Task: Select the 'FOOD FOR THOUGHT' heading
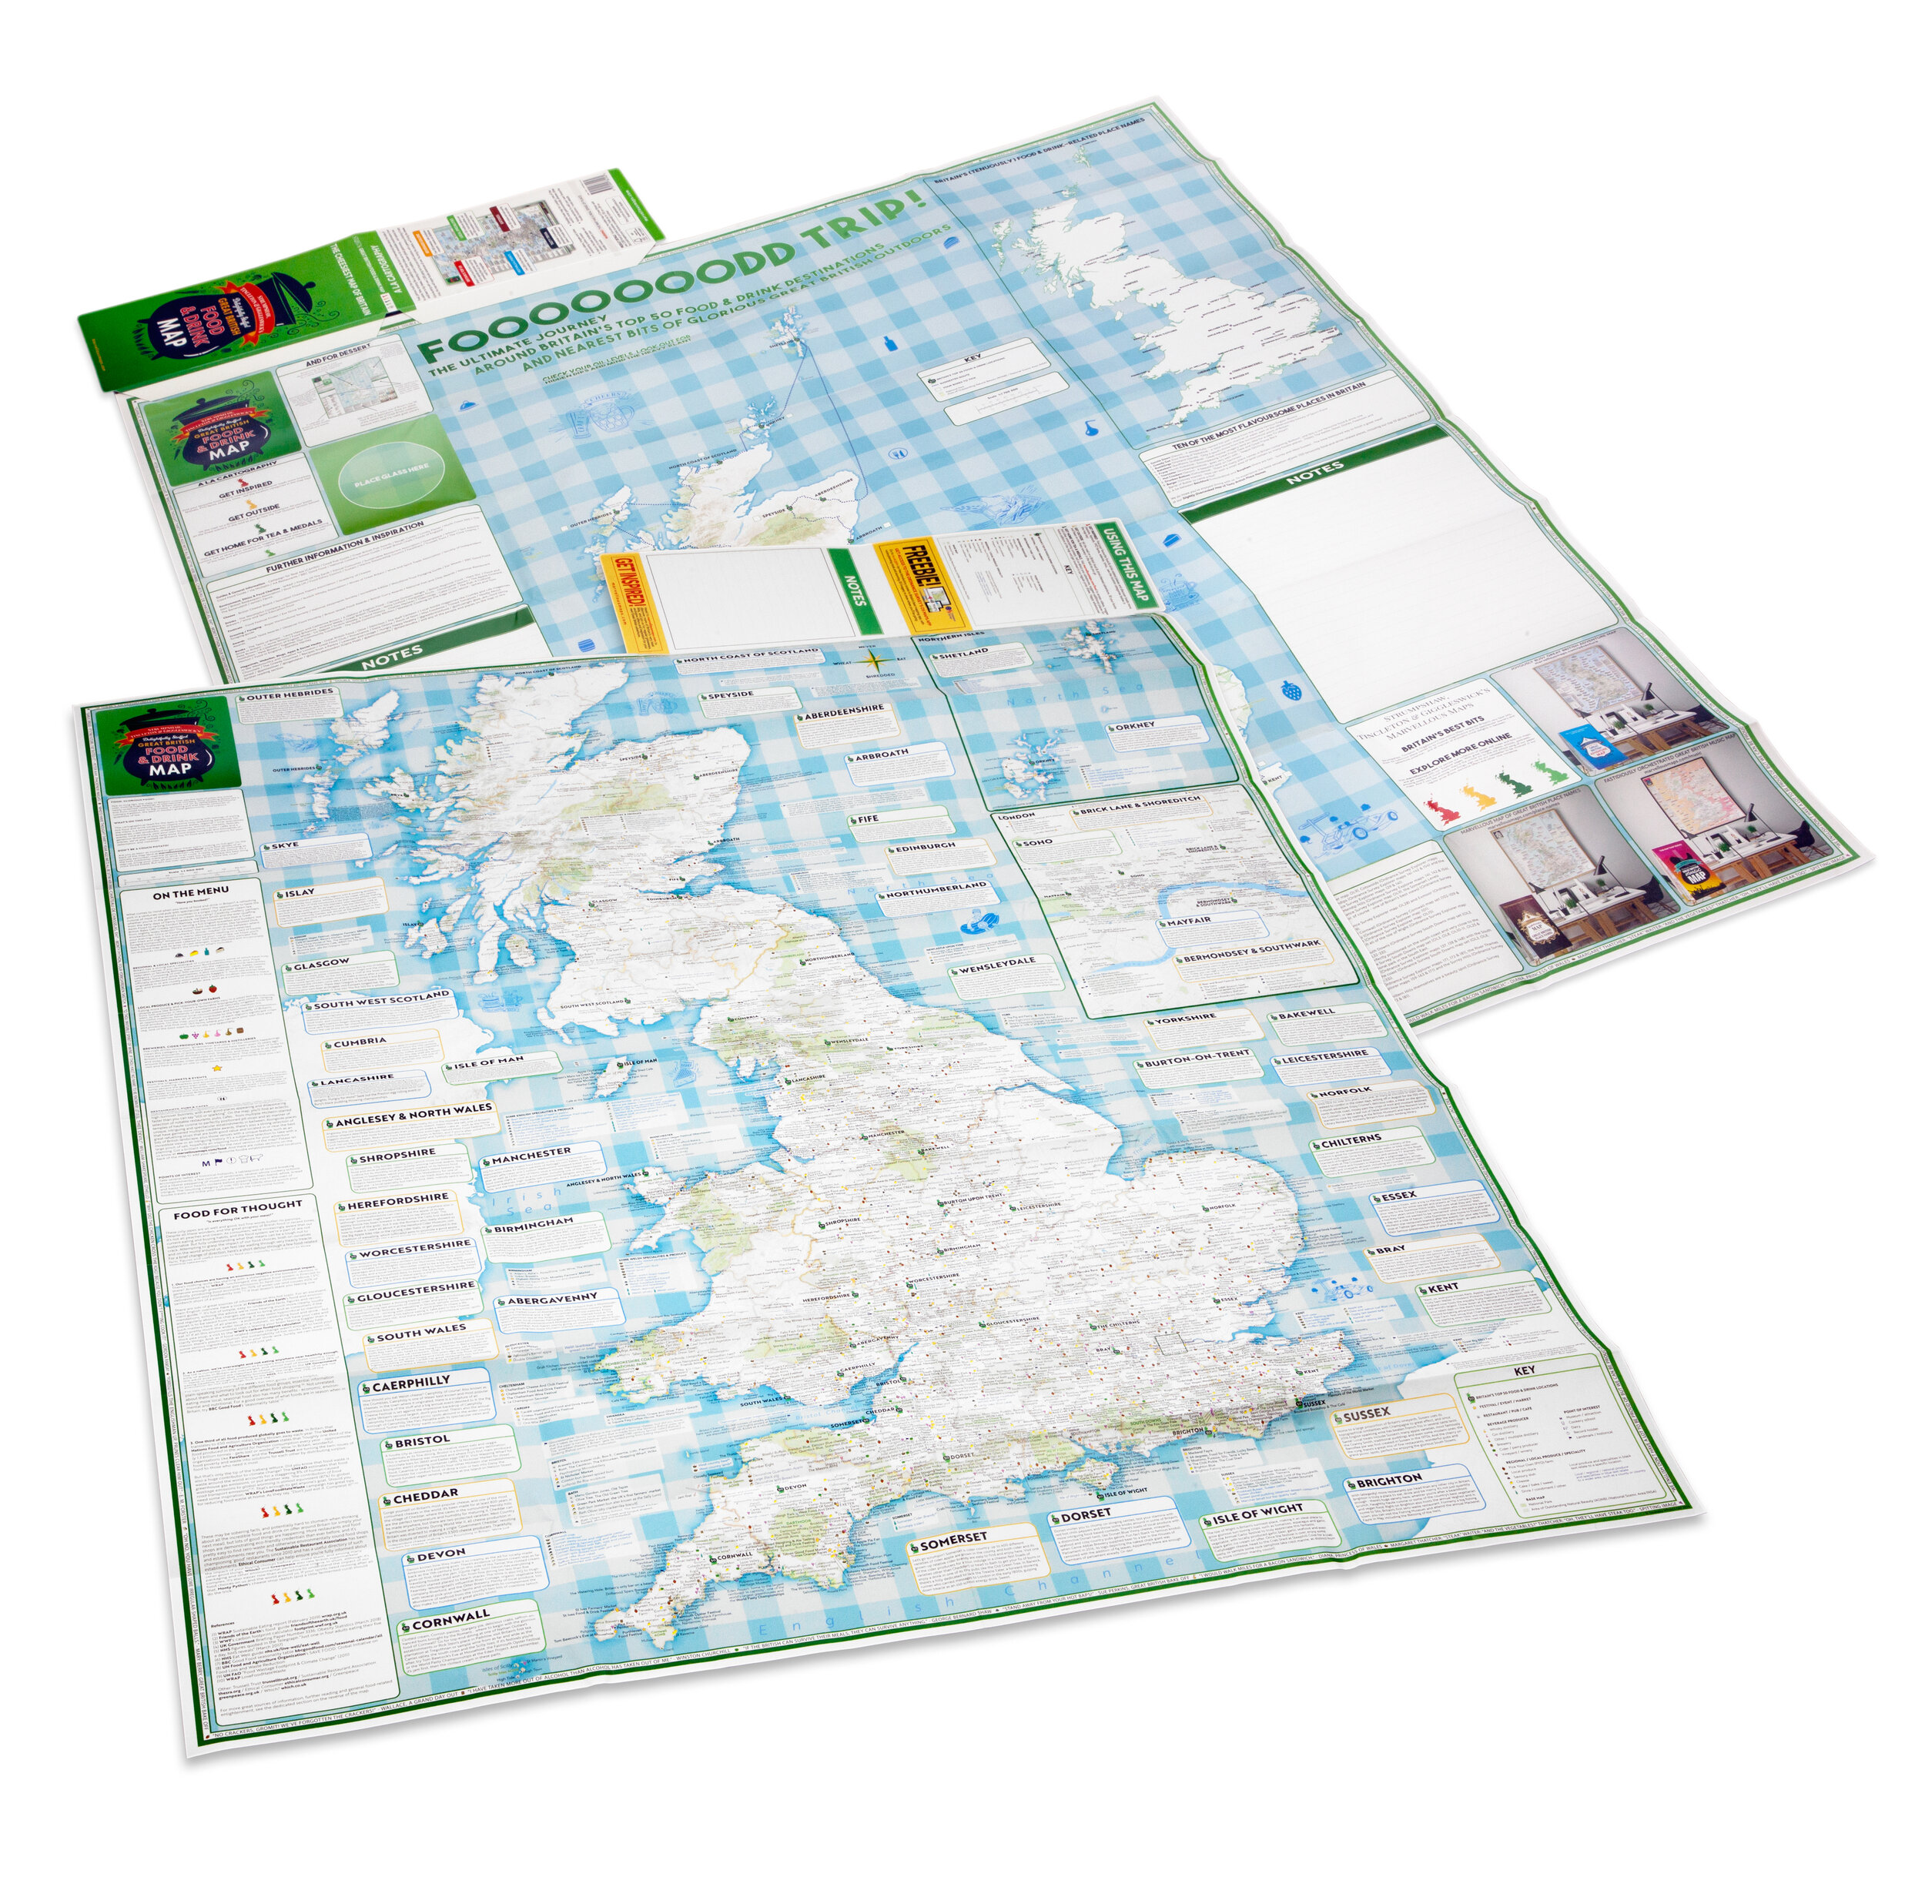237,1210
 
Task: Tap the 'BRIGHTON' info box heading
1389,1480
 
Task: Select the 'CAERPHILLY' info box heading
410,1384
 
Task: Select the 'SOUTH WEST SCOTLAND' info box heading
383,1002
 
